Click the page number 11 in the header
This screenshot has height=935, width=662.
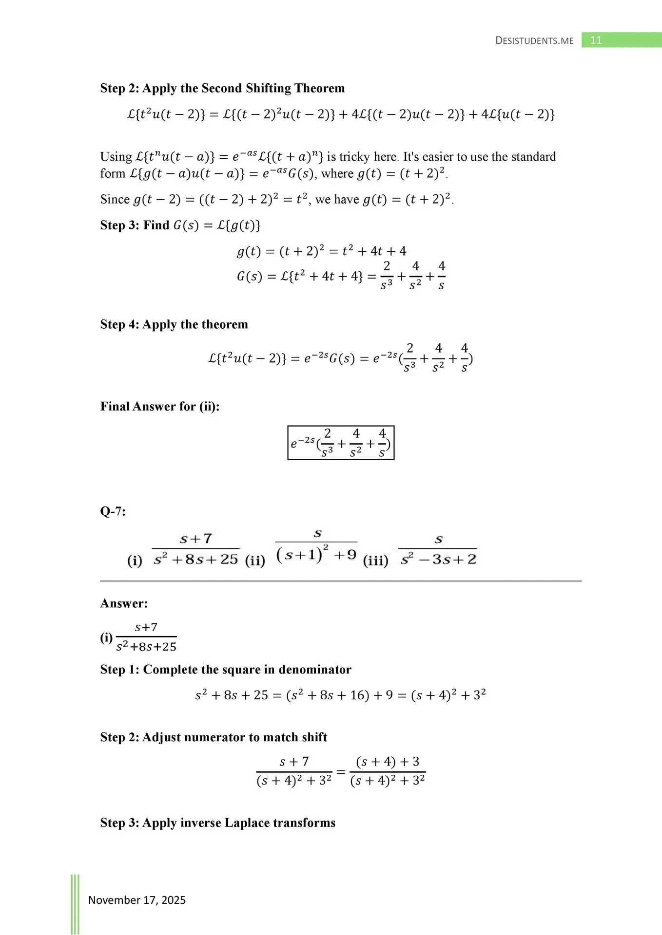click(x=596, y=40)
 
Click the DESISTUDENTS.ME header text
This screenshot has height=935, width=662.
click(x=534, y=41)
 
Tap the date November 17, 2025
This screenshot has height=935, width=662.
click(x=136, y=900)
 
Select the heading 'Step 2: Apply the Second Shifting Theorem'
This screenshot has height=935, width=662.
click(x=222, y=88)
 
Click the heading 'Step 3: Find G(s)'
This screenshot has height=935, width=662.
click(x=180, y=225)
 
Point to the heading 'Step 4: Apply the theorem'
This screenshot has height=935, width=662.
click(x=174, y=324)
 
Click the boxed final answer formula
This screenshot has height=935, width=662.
click(x=341, y=443)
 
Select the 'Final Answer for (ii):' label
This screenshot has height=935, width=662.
click(x=160, y=407)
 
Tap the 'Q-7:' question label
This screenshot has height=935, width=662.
click(x=113, y=511)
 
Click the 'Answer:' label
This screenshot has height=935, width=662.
click(x=124, y=603)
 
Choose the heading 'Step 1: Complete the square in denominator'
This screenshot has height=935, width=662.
click(x=225, y=670)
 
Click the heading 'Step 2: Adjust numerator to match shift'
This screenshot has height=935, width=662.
click(x=214, y=737)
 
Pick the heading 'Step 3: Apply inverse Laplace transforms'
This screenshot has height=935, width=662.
click(x=217, y=823)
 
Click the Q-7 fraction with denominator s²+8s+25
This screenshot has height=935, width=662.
click(x=195, y=549)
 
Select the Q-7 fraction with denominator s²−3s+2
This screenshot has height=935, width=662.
click(x=438, y=549)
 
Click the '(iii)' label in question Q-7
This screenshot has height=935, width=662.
click(x=375, y=561)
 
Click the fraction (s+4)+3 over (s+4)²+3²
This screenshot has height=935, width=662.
click(x=388, y=771)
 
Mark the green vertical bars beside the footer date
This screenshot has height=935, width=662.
click(x=75, y=904)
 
